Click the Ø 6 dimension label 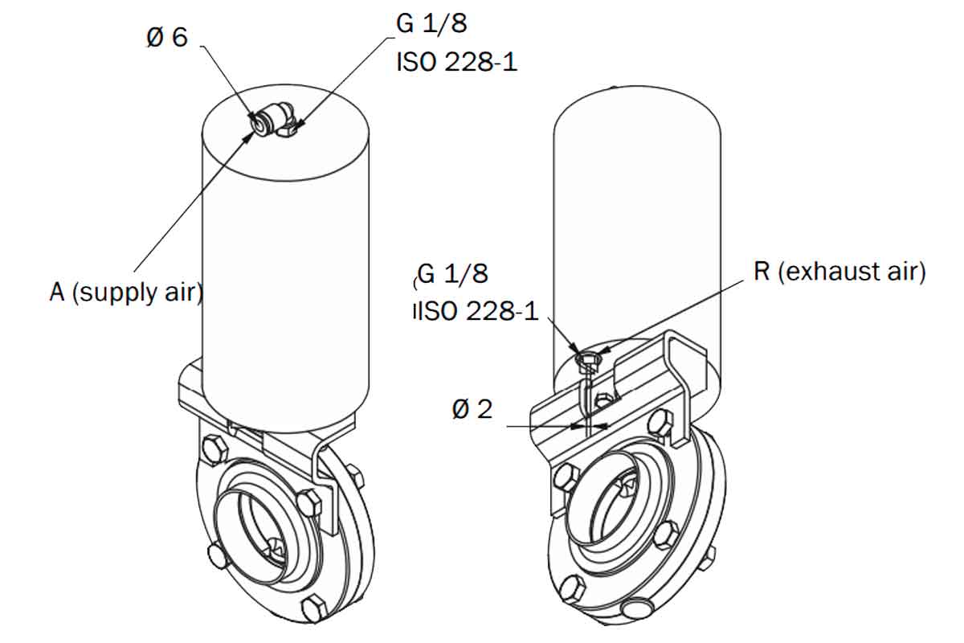(167, 38)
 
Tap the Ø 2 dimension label (472, 409)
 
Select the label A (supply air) (126, 293)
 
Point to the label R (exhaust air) (839, 272)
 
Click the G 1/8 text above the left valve (431, 23)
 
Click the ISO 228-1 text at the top (456, 62)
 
